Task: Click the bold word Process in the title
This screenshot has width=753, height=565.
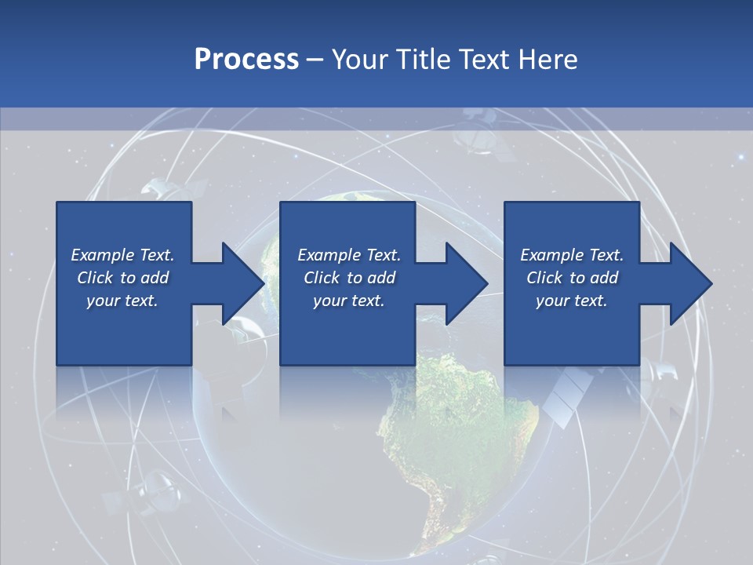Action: point(246,60)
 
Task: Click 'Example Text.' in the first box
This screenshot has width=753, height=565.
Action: point(122,255)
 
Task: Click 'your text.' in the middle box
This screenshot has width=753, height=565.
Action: point(348,301)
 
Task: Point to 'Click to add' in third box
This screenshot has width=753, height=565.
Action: point(572,278)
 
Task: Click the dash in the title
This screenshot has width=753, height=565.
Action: point(315,60)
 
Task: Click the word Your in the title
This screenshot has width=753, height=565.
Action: point(361,60)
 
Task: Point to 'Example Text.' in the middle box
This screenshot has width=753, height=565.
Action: point(348,255)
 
